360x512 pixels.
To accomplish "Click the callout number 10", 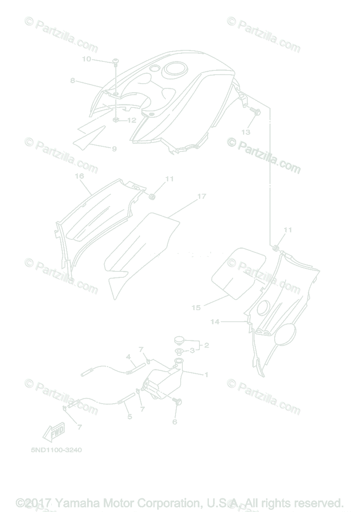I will tap(86, 59).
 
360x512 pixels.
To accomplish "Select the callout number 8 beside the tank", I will tap(73, 80).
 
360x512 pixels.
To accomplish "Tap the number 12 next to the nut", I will tap(132, 120).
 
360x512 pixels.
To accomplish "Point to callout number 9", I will tap(114, 149).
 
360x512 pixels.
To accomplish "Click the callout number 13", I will tap(246, 132).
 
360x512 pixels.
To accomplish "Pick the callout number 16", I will tap(79, 176).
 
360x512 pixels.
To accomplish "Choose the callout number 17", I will tap(202, 196).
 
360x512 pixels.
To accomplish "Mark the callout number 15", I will tap(196, 307).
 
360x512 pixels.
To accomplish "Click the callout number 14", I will tap(215, 322).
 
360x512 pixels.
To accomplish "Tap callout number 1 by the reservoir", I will tap(206, 375).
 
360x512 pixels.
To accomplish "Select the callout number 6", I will tap(175, 422).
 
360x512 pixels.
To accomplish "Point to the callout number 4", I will tap(128, 356).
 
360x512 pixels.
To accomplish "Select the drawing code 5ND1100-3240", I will tap(56, 449).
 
